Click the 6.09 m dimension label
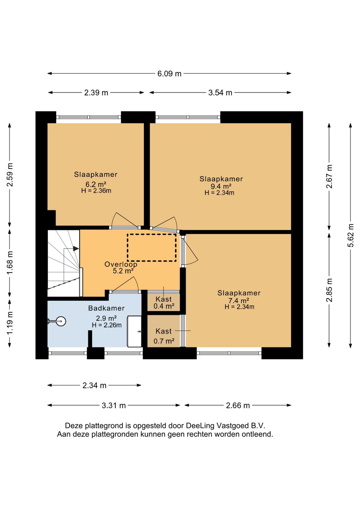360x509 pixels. pos(169,74)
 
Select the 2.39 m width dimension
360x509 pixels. pos(96,93)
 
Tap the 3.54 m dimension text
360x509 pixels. pos(220,93)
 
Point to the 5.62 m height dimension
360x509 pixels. pos(351,235)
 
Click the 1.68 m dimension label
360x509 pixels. pos(10,263)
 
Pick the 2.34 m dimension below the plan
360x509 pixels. pos(94,385)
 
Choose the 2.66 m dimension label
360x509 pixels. pos(238,405)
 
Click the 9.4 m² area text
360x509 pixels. pos(221,186)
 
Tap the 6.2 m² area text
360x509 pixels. pos(96,184)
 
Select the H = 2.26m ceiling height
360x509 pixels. pos(107,325)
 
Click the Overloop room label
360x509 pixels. pos(121,264)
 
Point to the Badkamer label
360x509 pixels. pos(107,308)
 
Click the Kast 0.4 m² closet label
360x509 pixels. pos(164,303)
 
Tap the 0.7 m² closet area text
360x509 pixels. pos(164,341)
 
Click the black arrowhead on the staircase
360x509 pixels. pos(76,249)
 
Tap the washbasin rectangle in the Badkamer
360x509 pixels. pos(134,331)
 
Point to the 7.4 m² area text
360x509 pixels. pos(239,301)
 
